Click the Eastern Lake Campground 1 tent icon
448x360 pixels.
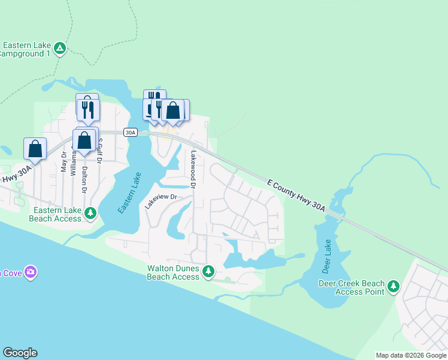tap(60, 48)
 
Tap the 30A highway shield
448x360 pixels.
tap(131, 132)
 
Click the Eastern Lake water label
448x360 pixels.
tap(129, 193)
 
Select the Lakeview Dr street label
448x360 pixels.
tap(161, 198)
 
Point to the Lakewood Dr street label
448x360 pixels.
tap(193, 169)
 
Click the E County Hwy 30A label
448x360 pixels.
tap(296, 194)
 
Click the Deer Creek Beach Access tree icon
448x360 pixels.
tap(393, 286)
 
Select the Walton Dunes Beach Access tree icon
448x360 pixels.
tap(208, 272)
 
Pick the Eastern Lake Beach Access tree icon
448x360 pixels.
tap(90, 213)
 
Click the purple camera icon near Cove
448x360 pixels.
tap(31, 272)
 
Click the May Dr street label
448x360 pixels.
tap(64, 162)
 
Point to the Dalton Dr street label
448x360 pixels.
tap(84, 179)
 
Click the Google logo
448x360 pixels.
tap(20, 353)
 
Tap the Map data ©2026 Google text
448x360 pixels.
tap(411, 355)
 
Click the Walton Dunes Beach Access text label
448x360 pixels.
tap(173, 273)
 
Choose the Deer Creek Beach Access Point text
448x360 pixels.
tap(349, 287)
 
